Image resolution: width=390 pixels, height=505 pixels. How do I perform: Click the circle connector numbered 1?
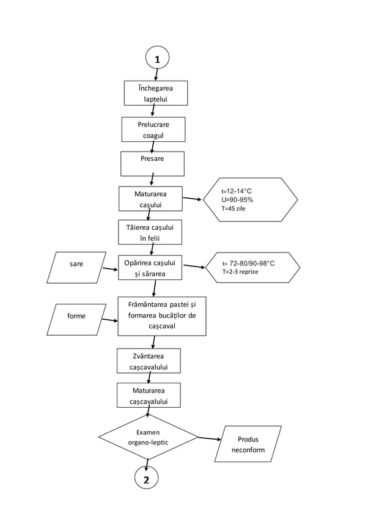click(x=157, y=59)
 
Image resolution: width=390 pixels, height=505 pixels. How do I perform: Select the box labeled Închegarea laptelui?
click(x=155, y=94)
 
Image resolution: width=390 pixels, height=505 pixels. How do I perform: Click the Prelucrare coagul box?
click(x=153, y=130)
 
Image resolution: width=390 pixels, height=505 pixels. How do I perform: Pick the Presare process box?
click(x=152, y=163)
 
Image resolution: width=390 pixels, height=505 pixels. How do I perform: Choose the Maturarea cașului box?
click(x=150, y=199)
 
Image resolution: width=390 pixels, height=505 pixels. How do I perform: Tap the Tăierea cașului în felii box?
click(x=150, y=232)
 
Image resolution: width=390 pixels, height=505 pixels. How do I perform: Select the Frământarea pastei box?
click(x=161, y=316)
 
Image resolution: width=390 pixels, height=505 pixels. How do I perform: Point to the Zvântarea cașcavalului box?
click(x=148, y=361)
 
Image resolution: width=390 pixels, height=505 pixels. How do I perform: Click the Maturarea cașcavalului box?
click(x=148, y=395)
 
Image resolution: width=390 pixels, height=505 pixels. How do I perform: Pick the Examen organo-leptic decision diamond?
click(x=148, y=437)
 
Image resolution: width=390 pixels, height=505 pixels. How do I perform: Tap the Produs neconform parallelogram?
click(x=248, y=444)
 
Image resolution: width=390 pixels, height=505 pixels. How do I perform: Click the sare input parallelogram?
click(x=76, y=267)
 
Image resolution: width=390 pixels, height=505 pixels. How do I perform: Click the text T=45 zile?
click(x=233, y=208)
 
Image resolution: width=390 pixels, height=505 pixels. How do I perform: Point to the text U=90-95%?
click(x=237, y=200)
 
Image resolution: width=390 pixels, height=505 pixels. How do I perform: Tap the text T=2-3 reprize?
click(x=240, y=271)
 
